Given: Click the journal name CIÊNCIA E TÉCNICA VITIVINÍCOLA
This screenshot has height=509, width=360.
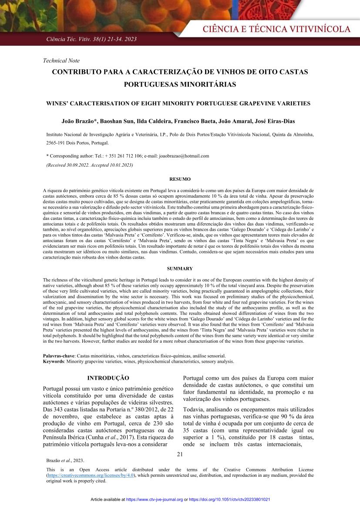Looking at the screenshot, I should click(276, 29).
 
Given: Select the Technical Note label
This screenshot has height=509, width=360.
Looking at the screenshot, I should click(61, 61).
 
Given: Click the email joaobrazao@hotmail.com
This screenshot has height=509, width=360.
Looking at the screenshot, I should click(184, 155).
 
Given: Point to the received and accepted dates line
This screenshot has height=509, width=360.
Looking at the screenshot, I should click(90, 165).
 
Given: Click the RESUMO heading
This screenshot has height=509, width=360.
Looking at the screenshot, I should click(180, 179).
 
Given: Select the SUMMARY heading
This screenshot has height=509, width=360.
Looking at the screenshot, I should click(180, 269).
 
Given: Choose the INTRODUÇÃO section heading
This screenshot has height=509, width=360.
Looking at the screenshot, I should click(108, 378).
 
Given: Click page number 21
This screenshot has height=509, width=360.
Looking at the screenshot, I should click(180, 455).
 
